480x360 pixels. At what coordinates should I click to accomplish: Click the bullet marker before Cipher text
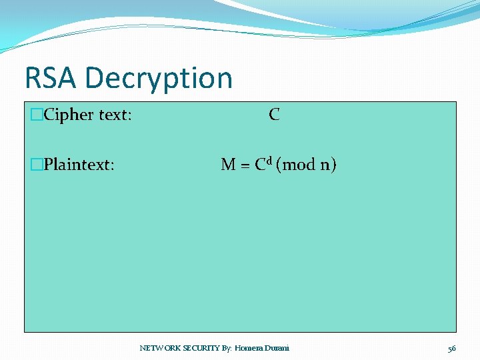coord(36,115)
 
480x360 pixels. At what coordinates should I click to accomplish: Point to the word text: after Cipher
coord(115,115)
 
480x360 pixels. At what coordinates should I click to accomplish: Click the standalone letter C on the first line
coord(274,115)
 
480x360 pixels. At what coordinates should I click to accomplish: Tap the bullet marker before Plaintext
coord(36,165)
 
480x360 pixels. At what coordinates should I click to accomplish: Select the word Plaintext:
coord(79,165)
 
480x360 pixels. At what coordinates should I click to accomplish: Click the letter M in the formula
coord(228,165)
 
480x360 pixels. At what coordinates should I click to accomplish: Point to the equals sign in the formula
coord(245,165)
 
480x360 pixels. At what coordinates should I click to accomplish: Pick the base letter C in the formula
coord(260,165)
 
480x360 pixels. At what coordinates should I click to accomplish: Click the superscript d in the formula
coord(270,161)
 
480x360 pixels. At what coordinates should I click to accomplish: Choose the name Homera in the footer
coord(249,348)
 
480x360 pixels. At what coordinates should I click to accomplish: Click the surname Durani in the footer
coord(277,348)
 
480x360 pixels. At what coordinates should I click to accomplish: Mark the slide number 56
coord(451,348)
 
